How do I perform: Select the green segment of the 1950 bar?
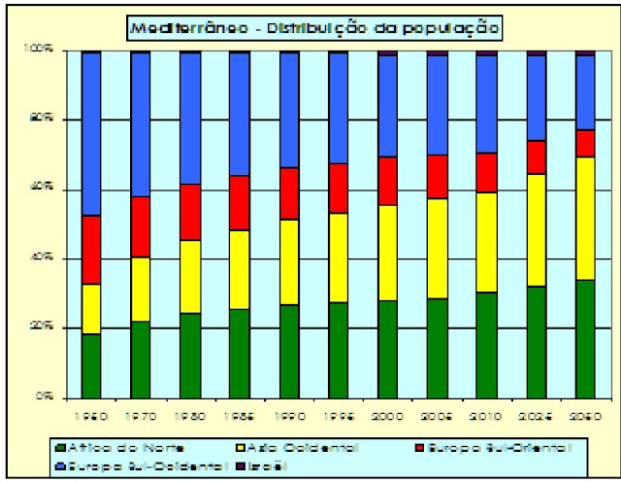click(x=91, y=365)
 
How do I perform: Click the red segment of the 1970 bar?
click(x=141, y=226)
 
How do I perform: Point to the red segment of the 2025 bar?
click(x=536, y=156)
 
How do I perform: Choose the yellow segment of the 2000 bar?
click(x=387, y=253)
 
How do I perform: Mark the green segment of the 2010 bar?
click(x=486, y=344)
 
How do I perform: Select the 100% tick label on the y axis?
click(x=45, y=50)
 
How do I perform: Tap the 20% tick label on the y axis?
click(x=45, y=327)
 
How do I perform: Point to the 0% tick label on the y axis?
click(x=47, y=397)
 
